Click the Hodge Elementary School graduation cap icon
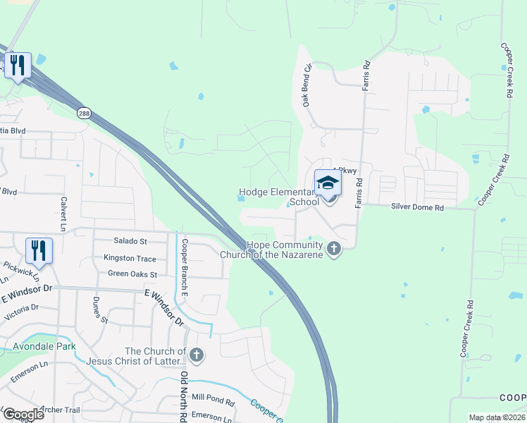click(x=327, y=183)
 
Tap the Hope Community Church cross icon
click(x=334, y=249)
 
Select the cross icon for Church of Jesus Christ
click(x=197, y=356)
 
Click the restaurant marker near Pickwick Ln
click(x=39, y=251)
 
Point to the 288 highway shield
click(x=85, y=113)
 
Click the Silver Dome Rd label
click(x=418, y=208)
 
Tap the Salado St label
click(x=130, y=241)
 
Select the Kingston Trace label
click(x=130, y=258)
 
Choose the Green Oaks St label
click(x=132, y=273)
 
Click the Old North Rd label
click(x=183, y=396)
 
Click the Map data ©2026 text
click(x=497, y=417)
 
